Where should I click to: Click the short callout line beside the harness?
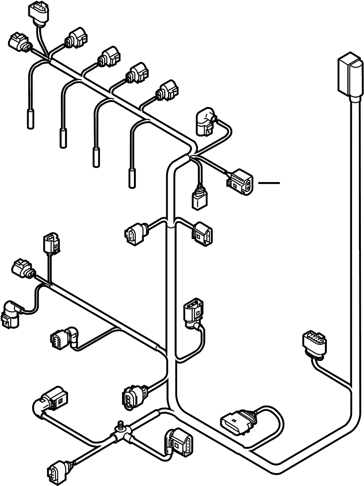(269, 182)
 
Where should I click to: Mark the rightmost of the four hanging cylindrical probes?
(132, 178)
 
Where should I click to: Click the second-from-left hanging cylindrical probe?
(64, 138)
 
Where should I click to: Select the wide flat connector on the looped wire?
(236, 423)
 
